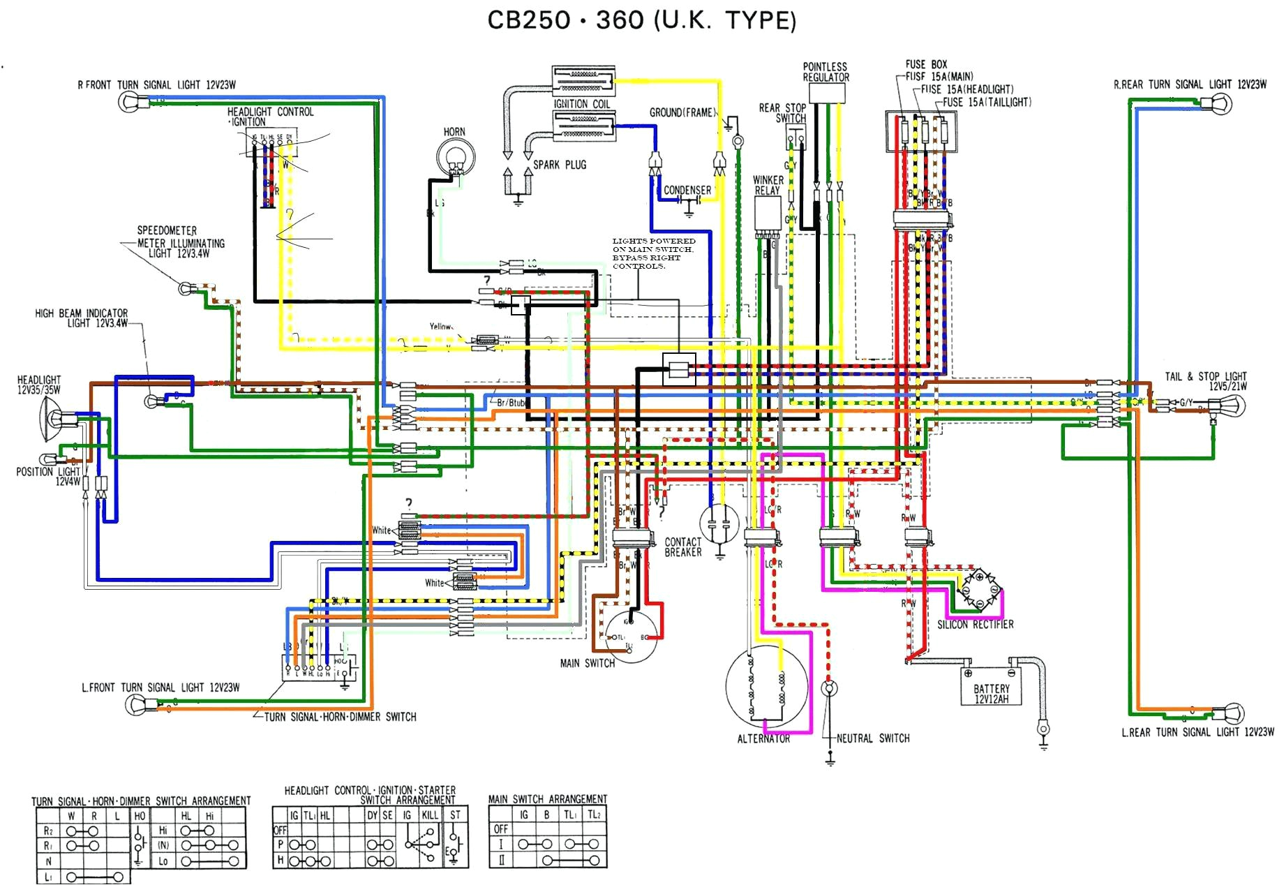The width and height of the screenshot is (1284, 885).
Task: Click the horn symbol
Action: (455, 156)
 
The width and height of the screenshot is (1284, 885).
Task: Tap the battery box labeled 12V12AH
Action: (991, 687)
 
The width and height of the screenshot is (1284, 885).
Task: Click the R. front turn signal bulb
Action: (130, 102)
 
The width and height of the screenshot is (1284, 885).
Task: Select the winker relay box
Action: (768, 216)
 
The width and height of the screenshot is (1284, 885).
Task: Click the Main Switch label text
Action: (587, 663)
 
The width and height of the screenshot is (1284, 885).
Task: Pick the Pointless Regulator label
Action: (826, 72)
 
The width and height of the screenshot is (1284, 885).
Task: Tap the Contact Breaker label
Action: (682, 546)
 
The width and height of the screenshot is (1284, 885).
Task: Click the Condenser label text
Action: (687, 190)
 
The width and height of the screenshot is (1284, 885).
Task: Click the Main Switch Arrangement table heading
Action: (547, 798)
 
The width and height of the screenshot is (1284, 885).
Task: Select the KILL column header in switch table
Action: (430, 815)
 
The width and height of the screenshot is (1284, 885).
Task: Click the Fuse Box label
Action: (926, 64)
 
